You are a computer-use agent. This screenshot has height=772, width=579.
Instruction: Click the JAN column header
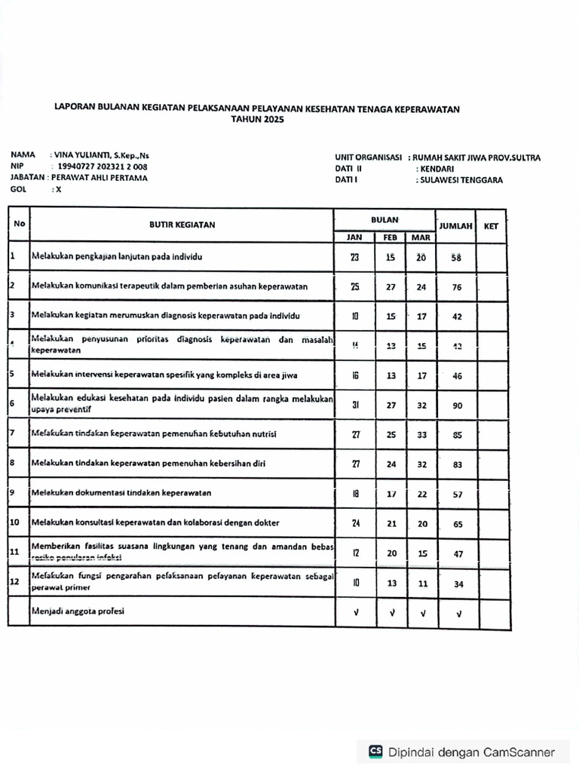pyautogui.click(x=354, y=237)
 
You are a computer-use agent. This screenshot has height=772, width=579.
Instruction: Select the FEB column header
pyautogui.click(x=391, y=237)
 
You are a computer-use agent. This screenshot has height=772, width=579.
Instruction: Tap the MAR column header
pyautogui.click(x=421, y=237)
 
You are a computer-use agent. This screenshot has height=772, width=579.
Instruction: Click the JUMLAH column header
pyautogui.click(x=455, y=225)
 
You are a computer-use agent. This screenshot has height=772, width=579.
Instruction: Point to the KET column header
pyautogui.click(x=492, y=225)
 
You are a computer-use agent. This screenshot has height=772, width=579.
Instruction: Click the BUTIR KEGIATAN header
pyautogui.click(x=182, y=225)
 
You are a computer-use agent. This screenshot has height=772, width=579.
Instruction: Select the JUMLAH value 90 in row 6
pyautogui.click(x=457, y=406)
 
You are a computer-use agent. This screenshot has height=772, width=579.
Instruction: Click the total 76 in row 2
pyautogui.click(x=457, y=287)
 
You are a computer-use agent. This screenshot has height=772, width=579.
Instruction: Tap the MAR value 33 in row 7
pyautogui.click(x=421, y=435)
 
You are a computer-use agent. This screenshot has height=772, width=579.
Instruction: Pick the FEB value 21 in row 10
pyautogui.click(x=391, y=523)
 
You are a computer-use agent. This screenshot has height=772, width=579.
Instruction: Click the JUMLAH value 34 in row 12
pyautogui.click(x=457, y=584)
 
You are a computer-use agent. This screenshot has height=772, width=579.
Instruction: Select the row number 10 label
pyautogui.click(x=14, y=522)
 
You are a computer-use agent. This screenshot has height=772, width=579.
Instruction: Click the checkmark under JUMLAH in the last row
pyautogui.click(x=458, y=613)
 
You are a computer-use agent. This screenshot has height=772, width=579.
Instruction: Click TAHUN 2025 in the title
pyautogui.click(x=257, y=120)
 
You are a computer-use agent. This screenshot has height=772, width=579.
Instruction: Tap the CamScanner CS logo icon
pyautogui.click(x=375, y=752)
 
